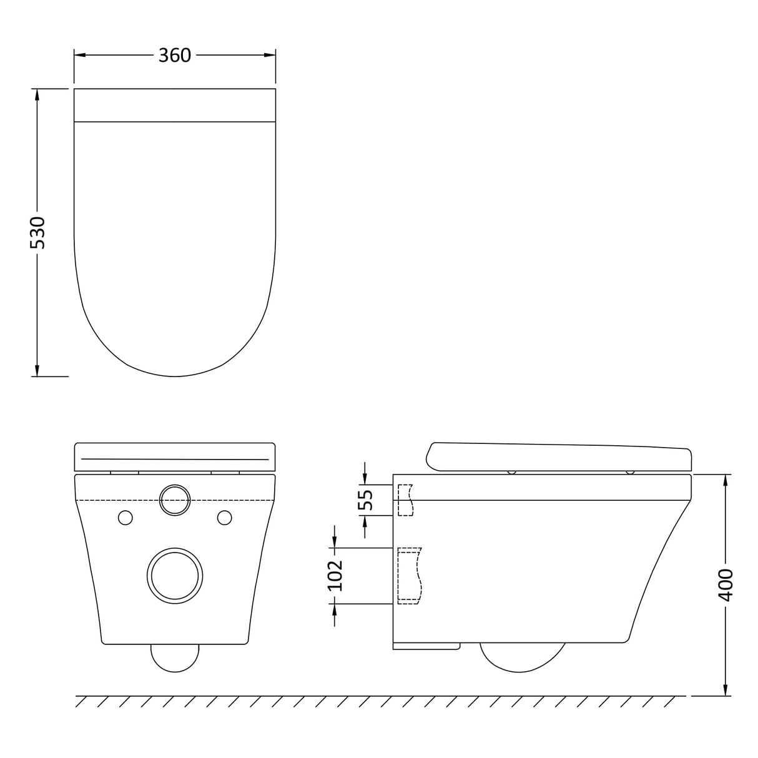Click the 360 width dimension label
(174, 56)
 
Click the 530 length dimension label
(37, 232)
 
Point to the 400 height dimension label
(726, 584)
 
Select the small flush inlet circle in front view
(175, 500)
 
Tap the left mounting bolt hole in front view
(126, 518)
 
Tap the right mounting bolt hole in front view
(224, 518)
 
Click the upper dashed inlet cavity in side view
(405, 500)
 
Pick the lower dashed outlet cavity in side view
(409, 576)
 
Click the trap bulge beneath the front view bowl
(175, 657)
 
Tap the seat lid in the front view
(175, 457)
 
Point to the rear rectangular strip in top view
(175, 105)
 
